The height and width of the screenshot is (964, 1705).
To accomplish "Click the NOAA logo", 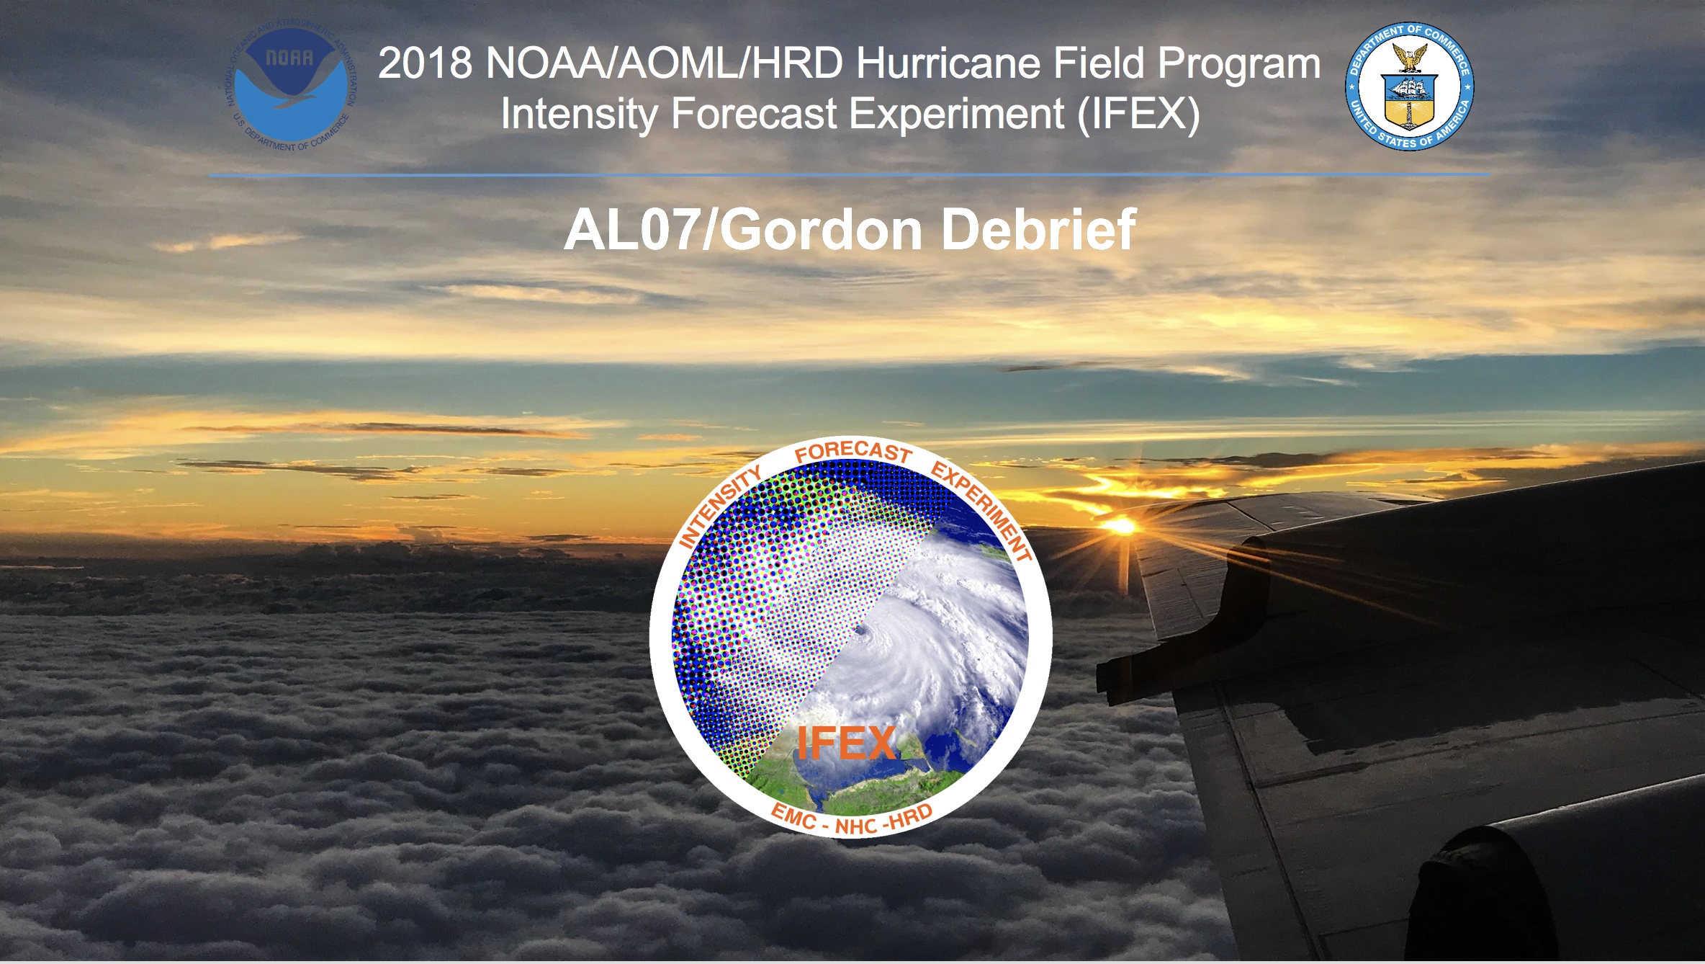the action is point(290,87).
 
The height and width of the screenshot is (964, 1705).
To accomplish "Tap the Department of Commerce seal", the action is point(1410,86).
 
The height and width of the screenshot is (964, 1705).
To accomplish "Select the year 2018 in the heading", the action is point(425,63).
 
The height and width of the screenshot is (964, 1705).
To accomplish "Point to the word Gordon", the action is point(822,230).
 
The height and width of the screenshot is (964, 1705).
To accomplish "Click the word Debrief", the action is point(1038,230).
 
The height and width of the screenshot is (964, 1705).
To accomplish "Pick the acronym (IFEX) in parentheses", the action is point(1138,115).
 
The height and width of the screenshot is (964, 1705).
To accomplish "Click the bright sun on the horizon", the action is point(1123,527).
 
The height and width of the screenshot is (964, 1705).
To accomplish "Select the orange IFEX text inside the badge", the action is point(847,744).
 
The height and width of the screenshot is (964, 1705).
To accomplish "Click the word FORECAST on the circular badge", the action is point(854,451).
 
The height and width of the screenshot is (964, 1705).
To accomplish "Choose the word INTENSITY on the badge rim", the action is point(721,506).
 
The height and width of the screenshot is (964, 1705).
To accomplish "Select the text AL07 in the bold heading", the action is point(631,230).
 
